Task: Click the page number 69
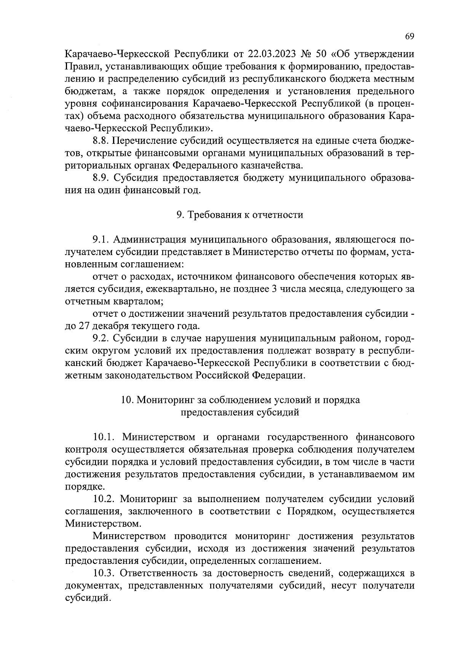coord(409,36)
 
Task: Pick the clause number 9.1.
coord(101,240)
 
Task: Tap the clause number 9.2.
coord(101,339)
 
